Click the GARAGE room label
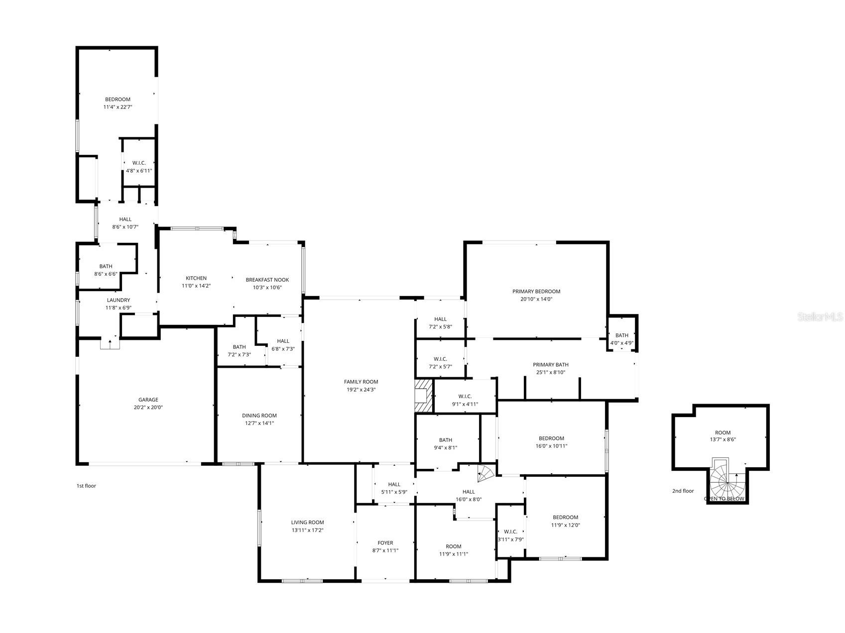click(148, 400)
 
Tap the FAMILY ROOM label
click(361, 382)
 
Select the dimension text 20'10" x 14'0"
click(536, 299)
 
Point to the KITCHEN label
click(196, 278)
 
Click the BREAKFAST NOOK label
click(267, 280)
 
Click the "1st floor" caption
click(86, 486)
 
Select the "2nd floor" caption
click(683, 491)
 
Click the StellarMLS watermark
click(820, 316)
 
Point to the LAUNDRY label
click(119, 300)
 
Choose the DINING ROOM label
click(259, 416)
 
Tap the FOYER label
click(385, 543)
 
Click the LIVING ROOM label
click(307, 523)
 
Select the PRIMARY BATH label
click(550, 365)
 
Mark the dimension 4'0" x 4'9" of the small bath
click(622, 343)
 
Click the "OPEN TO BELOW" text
click(724, 499)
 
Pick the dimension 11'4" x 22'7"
click(118, 107)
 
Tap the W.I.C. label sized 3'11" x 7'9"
click(510, 531)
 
